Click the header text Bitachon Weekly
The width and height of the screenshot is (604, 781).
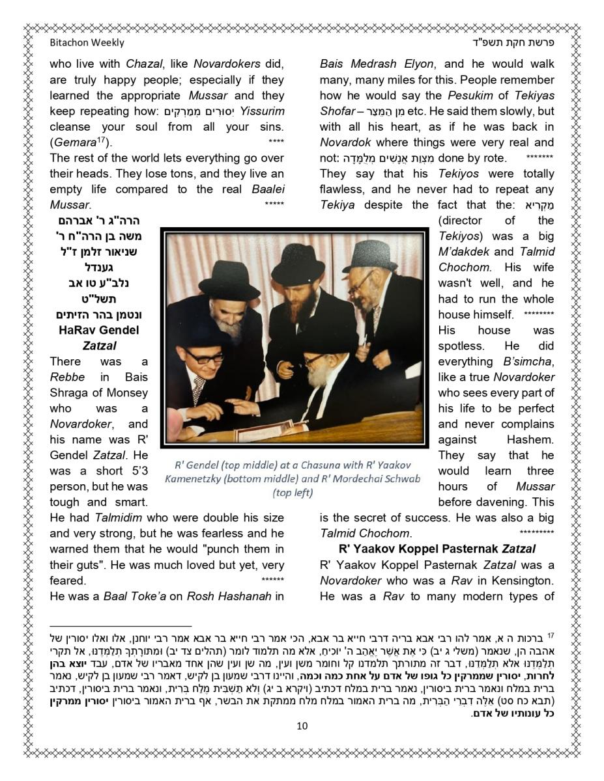coord(87,43)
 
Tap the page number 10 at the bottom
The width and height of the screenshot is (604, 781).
coord(302,726)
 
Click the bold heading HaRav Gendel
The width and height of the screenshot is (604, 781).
coord(98,330)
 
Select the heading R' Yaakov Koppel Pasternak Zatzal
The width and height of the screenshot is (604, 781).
coord(437,549)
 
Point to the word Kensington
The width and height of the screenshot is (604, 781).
coord(519,581)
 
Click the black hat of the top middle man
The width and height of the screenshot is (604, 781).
coord(297,264)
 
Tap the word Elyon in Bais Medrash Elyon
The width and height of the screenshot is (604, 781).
coord(414,64)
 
